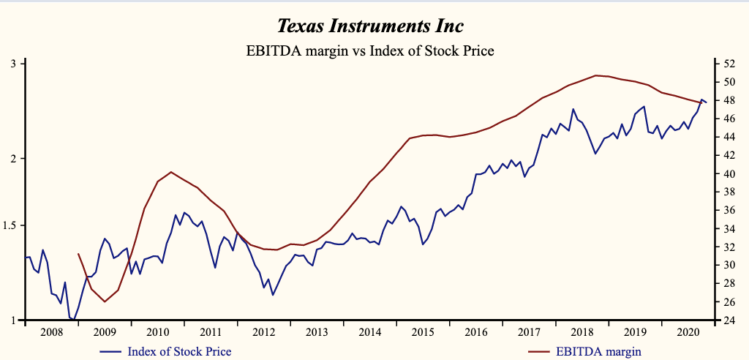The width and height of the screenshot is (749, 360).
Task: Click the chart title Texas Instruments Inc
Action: coord(370,26)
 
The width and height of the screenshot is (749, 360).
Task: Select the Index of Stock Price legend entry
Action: coord(179,352)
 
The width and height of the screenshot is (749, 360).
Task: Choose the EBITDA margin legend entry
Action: coord(598,352)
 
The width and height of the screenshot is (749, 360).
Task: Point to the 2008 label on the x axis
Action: coord(51,332)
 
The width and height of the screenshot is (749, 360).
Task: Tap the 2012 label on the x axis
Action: coord(264,332)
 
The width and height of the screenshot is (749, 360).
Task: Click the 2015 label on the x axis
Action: coord(424,332)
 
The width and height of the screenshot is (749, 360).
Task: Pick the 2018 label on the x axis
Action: coord(583,332)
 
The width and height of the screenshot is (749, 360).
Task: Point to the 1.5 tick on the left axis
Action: coord(10,225)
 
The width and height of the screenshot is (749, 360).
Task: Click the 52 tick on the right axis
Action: coord(731,64)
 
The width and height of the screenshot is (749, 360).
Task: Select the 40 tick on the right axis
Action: coord(731,173)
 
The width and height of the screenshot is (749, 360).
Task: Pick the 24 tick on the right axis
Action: coord(731,320)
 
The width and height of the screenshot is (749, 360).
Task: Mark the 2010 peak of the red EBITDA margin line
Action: coord(170,172)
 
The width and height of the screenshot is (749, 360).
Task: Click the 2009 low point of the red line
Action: coord(105,301)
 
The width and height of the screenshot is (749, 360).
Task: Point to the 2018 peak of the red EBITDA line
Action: coord(596,75)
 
